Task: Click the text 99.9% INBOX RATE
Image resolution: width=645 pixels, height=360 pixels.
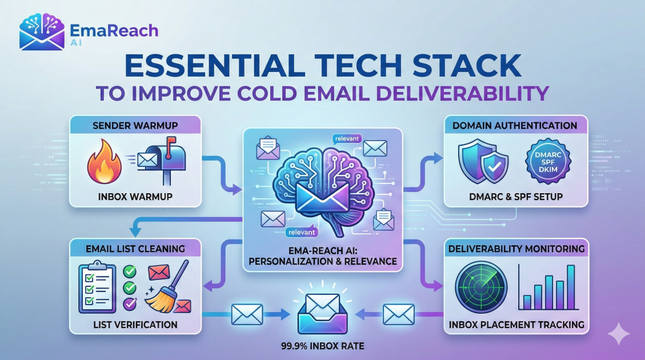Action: (322, 346)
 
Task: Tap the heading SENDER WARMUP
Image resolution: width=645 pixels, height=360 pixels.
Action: (135, 126)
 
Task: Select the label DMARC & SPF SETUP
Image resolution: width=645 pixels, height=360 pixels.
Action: (515, 197)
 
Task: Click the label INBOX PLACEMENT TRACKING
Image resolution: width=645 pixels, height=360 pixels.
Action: (515, 325)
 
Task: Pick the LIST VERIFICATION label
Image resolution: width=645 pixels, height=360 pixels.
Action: (135, 325)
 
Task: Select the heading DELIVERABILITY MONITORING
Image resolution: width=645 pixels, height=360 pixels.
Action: (516, 249)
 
